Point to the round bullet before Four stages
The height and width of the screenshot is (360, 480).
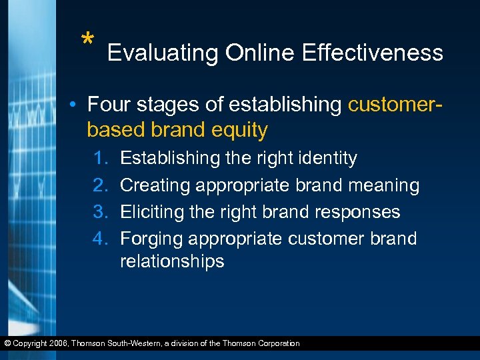click(x=77, y=105)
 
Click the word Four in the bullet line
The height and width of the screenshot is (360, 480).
click(x=108, y=105)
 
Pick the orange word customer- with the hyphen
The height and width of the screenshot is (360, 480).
click(x=398, y=105)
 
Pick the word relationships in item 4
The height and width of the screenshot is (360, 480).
click(x=172, y=261)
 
